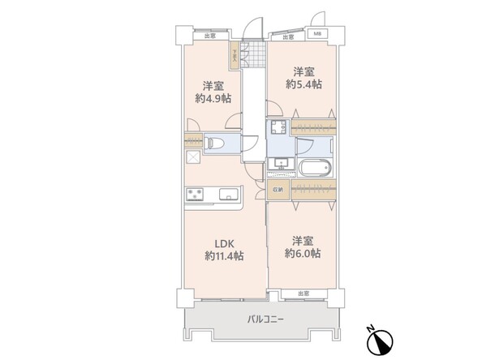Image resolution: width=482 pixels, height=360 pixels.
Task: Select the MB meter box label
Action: pyautogui.click(x=318, y=35)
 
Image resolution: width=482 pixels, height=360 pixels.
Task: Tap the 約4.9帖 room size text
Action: pyautogui.click(x=213, y=98)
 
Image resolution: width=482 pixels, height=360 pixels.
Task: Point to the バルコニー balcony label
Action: pyautogui.click(x=266, y=319)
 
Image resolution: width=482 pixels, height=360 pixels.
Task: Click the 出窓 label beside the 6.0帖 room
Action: pyautogui.click(x=303, y=294)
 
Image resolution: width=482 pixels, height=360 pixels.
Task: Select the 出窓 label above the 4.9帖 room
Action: pyautogui.click(x=210, y=36)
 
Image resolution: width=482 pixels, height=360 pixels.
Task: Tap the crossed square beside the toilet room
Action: pyautogui.click(x=194, y=158)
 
